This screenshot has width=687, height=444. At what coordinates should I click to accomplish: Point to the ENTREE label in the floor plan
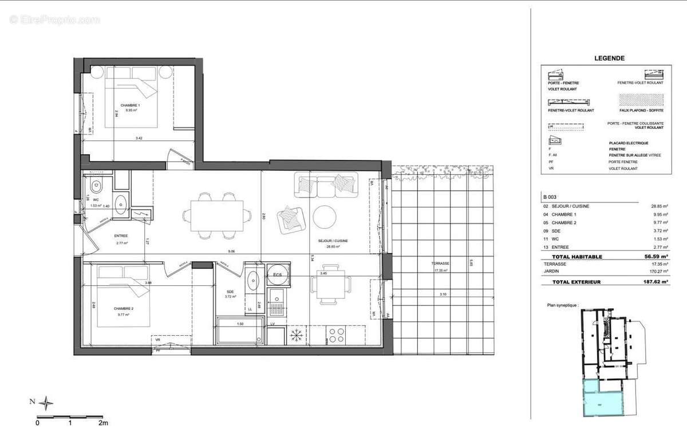pyautogui.click(x=120, y=236)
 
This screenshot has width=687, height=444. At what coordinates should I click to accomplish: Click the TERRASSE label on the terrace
pyautogui.click(x=440, y=264)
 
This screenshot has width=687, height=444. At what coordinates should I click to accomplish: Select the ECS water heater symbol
pyautogui.click(x=278, y=274)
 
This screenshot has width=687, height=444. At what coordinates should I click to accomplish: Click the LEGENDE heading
pyautogui.click(x=609, y=58)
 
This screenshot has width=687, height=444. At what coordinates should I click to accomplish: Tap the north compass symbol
pyautogui.click(x=48, y=403)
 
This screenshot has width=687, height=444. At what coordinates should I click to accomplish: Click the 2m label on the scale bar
pyautogui.click(x=103, y=423)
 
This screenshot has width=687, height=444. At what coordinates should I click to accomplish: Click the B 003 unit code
pyautogui.click(x=550, y=196)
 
